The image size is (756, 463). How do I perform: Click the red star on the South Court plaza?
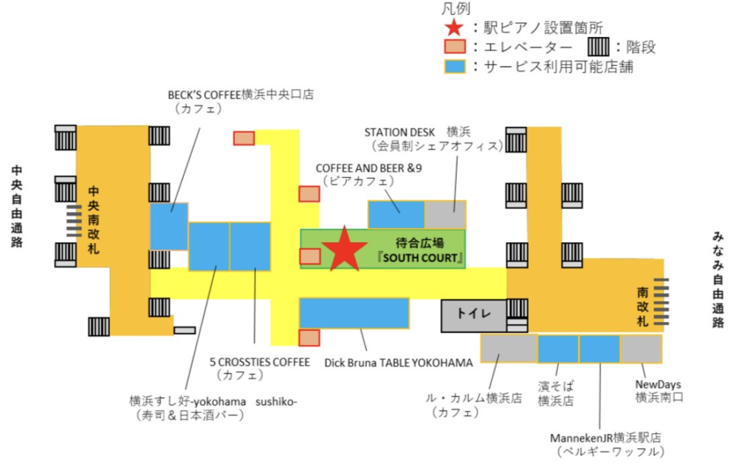(x=344, y=249)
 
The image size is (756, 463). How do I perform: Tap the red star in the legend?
(x=454, y=27)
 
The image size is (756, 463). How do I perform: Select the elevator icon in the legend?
(x=455, y=47)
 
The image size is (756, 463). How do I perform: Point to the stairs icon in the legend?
(x=599, y=47)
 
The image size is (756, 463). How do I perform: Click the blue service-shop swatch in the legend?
(x=455, y=66)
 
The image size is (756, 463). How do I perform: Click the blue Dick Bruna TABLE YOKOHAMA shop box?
(x=354, y=312)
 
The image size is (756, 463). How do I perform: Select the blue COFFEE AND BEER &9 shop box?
(x=396, y=214)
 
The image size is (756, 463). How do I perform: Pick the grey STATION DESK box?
(x=445, y=214)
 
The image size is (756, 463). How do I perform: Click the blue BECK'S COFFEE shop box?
(x=169, y=226)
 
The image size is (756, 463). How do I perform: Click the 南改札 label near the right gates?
(x=642, y=307)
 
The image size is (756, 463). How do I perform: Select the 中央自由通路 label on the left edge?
(x=17, y=206)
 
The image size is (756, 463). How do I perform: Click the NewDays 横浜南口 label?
(x=658, y=391)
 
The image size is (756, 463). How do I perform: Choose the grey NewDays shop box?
(x=641, y=349)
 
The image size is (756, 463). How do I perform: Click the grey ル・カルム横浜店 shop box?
(x=509, y=349)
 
